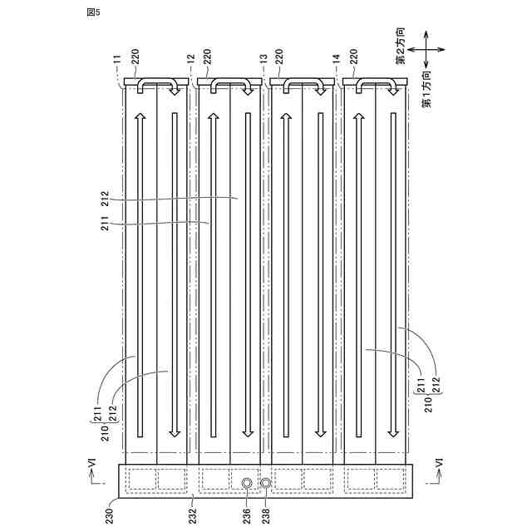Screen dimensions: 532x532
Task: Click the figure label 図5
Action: tap(91, 12)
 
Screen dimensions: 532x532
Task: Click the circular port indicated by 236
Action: tap(247, 483)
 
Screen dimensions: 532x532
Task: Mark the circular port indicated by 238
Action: tap(265, 483)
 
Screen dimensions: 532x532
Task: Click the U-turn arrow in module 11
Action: tap(157, 86)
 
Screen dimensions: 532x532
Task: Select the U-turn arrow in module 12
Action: tap(230, 86)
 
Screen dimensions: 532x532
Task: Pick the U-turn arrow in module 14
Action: tap(376, 86)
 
